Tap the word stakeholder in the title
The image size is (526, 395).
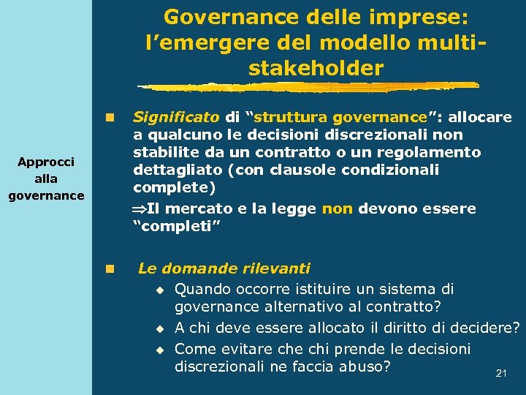[x=316, y=69]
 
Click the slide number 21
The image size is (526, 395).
[x=501, y=373]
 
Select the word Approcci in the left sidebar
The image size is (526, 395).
[x=46, y=162]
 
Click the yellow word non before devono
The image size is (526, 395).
[x=337, y=208]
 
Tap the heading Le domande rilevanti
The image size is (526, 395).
[x=224, y=268]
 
